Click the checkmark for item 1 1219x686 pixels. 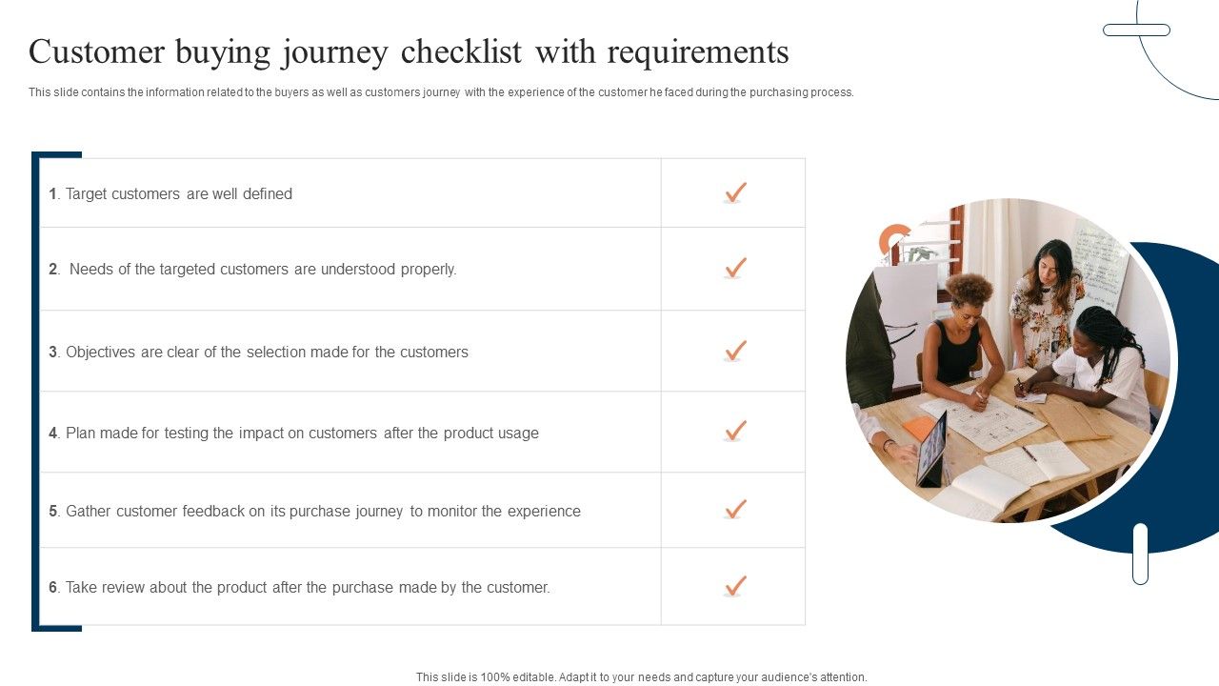pos(734,192)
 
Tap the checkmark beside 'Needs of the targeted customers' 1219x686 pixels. pos(734,268)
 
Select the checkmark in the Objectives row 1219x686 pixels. pos(734,351)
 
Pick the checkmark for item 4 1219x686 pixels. pos(734,432)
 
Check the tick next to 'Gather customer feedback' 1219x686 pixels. pos(734,510)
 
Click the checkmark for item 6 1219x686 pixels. pos(734,586)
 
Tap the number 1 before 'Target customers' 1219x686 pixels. pos(53,194)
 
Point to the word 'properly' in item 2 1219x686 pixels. pos(428,270)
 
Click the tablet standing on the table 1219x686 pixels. pos(930,449)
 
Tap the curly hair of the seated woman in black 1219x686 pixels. pos(969,289)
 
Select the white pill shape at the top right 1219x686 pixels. pos(1136,30)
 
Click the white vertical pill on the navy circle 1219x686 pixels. pos(1140,554)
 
